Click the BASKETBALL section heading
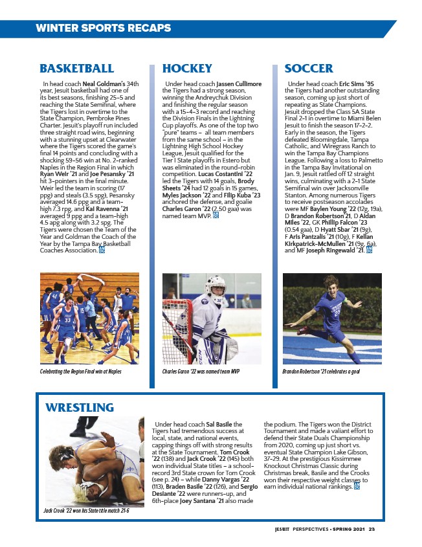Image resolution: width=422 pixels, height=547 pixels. point(76,68)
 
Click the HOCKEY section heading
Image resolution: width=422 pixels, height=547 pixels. point(187,68)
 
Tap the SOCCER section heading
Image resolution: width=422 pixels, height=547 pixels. point(309,68)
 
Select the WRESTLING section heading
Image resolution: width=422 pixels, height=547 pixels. point(80,407)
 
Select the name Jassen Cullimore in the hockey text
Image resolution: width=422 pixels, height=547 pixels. point(239,84)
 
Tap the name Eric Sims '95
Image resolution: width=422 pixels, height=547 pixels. point(357,84)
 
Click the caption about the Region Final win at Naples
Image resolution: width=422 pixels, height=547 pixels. point(81,372)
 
